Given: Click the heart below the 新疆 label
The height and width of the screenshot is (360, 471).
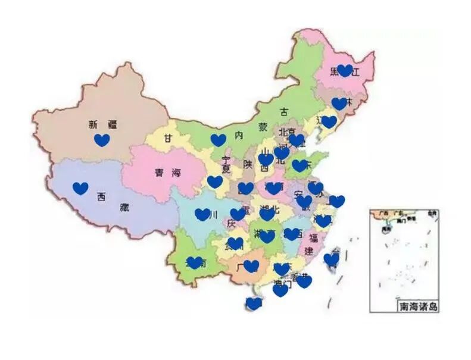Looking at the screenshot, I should click(102, 140).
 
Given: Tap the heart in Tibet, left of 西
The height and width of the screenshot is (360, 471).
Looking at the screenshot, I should click(80, 189).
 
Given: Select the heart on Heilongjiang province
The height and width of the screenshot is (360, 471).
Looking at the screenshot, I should click(345, 71).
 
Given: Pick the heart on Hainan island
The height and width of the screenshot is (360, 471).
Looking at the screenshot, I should click(254, 303).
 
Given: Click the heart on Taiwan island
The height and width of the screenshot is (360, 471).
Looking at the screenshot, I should click(332, 259).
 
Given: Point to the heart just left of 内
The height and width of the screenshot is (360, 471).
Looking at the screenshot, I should click(219, 140).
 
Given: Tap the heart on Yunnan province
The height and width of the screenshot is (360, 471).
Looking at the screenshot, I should click(195, 262).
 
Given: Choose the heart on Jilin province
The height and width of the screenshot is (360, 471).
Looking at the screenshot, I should click(339, 104).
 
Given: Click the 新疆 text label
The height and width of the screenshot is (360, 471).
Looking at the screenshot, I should click(102, 124).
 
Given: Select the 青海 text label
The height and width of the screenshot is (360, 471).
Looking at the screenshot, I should click(167, 173).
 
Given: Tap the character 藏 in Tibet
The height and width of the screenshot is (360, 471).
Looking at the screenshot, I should click(123, 208).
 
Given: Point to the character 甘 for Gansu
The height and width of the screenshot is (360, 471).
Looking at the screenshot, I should click(169, 137).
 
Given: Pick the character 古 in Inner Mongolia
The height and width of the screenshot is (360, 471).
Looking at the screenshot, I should click(284, 111).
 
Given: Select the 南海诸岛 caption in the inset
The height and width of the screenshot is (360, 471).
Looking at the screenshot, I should click(418, 306).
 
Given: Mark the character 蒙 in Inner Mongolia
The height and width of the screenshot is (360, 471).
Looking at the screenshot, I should click(263, 126).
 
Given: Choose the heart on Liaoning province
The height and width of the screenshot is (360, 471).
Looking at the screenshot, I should click(329, 122).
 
